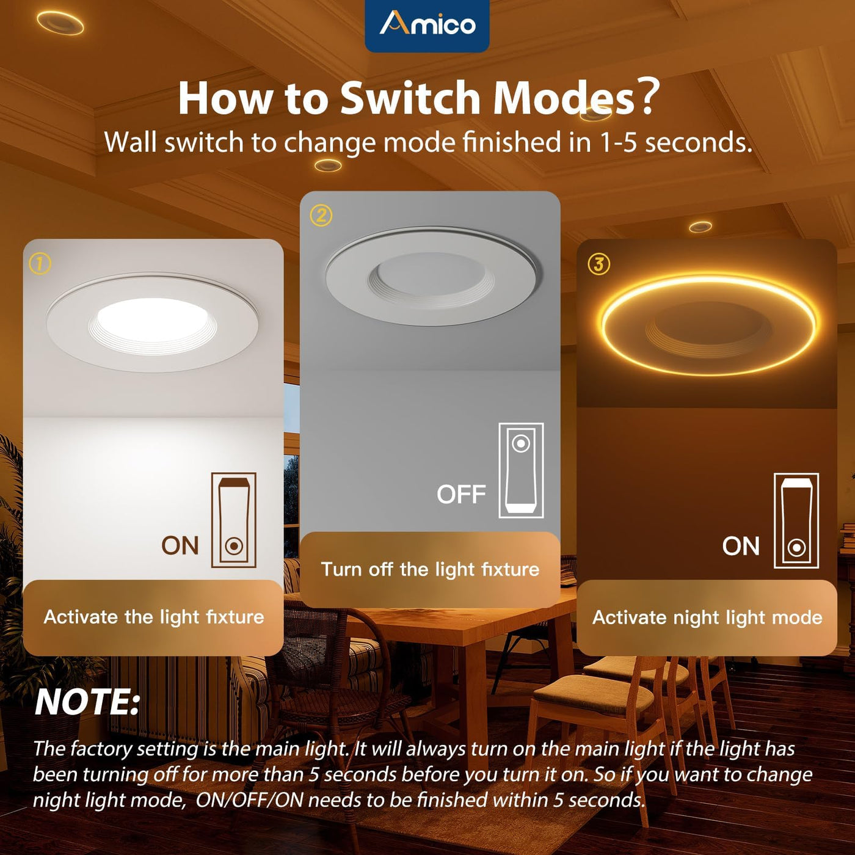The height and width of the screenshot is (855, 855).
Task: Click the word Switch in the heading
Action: click(x=410, y=98)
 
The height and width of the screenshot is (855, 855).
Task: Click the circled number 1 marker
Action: click(x=40, y=264)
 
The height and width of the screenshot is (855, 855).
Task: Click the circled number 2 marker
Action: click(x=321, y=216)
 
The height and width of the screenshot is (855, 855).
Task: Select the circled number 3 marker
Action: click(x=598, y=264)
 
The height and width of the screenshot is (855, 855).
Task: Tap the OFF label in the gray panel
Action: click(x=461, y=494)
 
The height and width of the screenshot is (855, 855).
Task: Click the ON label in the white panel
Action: click(x=180, y=545)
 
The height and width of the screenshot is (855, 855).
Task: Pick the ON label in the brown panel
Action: click(x=741, y=546)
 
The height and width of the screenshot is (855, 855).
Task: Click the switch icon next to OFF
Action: click(x=521, y=470)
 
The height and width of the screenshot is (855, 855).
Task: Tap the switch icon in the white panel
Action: click(x=234, y=520)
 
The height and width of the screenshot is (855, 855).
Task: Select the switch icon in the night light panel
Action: click(x=796, y=520)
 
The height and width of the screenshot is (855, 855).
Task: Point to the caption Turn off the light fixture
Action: click(x=430, y=569)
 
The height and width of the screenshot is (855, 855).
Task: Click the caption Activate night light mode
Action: click(x=707, y=617)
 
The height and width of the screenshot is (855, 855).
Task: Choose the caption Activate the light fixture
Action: click(x=153, y=617)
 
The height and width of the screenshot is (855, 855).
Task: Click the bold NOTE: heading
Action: click(x=87, y=702)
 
